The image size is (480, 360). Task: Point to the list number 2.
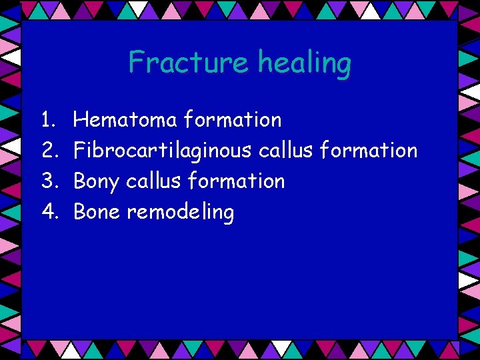[48, 151]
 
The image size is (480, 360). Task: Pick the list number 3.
[48, 181]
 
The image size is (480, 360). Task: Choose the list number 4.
[48, 212]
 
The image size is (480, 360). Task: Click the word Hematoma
[125, 120]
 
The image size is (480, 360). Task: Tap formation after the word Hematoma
[233, 120]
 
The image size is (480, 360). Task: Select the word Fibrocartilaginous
[163, 151]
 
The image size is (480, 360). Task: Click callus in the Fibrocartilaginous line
[285, 151]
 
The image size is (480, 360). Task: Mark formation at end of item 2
[369, 151]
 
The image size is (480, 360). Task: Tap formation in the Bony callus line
[236, 181]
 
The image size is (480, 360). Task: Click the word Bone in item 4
[97, 212]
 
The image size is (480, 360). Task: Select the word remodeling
[181, 213]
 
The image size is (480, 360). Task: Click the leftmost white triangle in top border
[139, 8]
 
